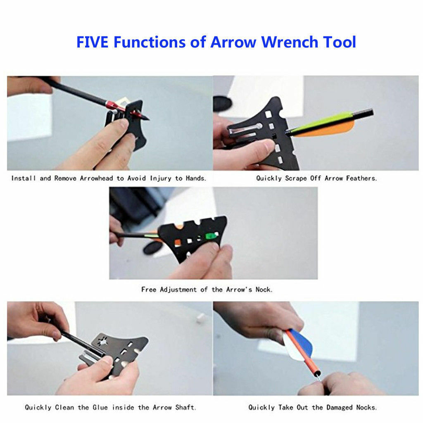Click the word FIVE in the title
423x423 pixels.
click(93, 42)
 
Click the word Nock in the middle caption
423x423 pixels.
click(264, 290)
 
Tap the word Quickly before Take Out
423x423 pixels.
click(261, 408)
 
